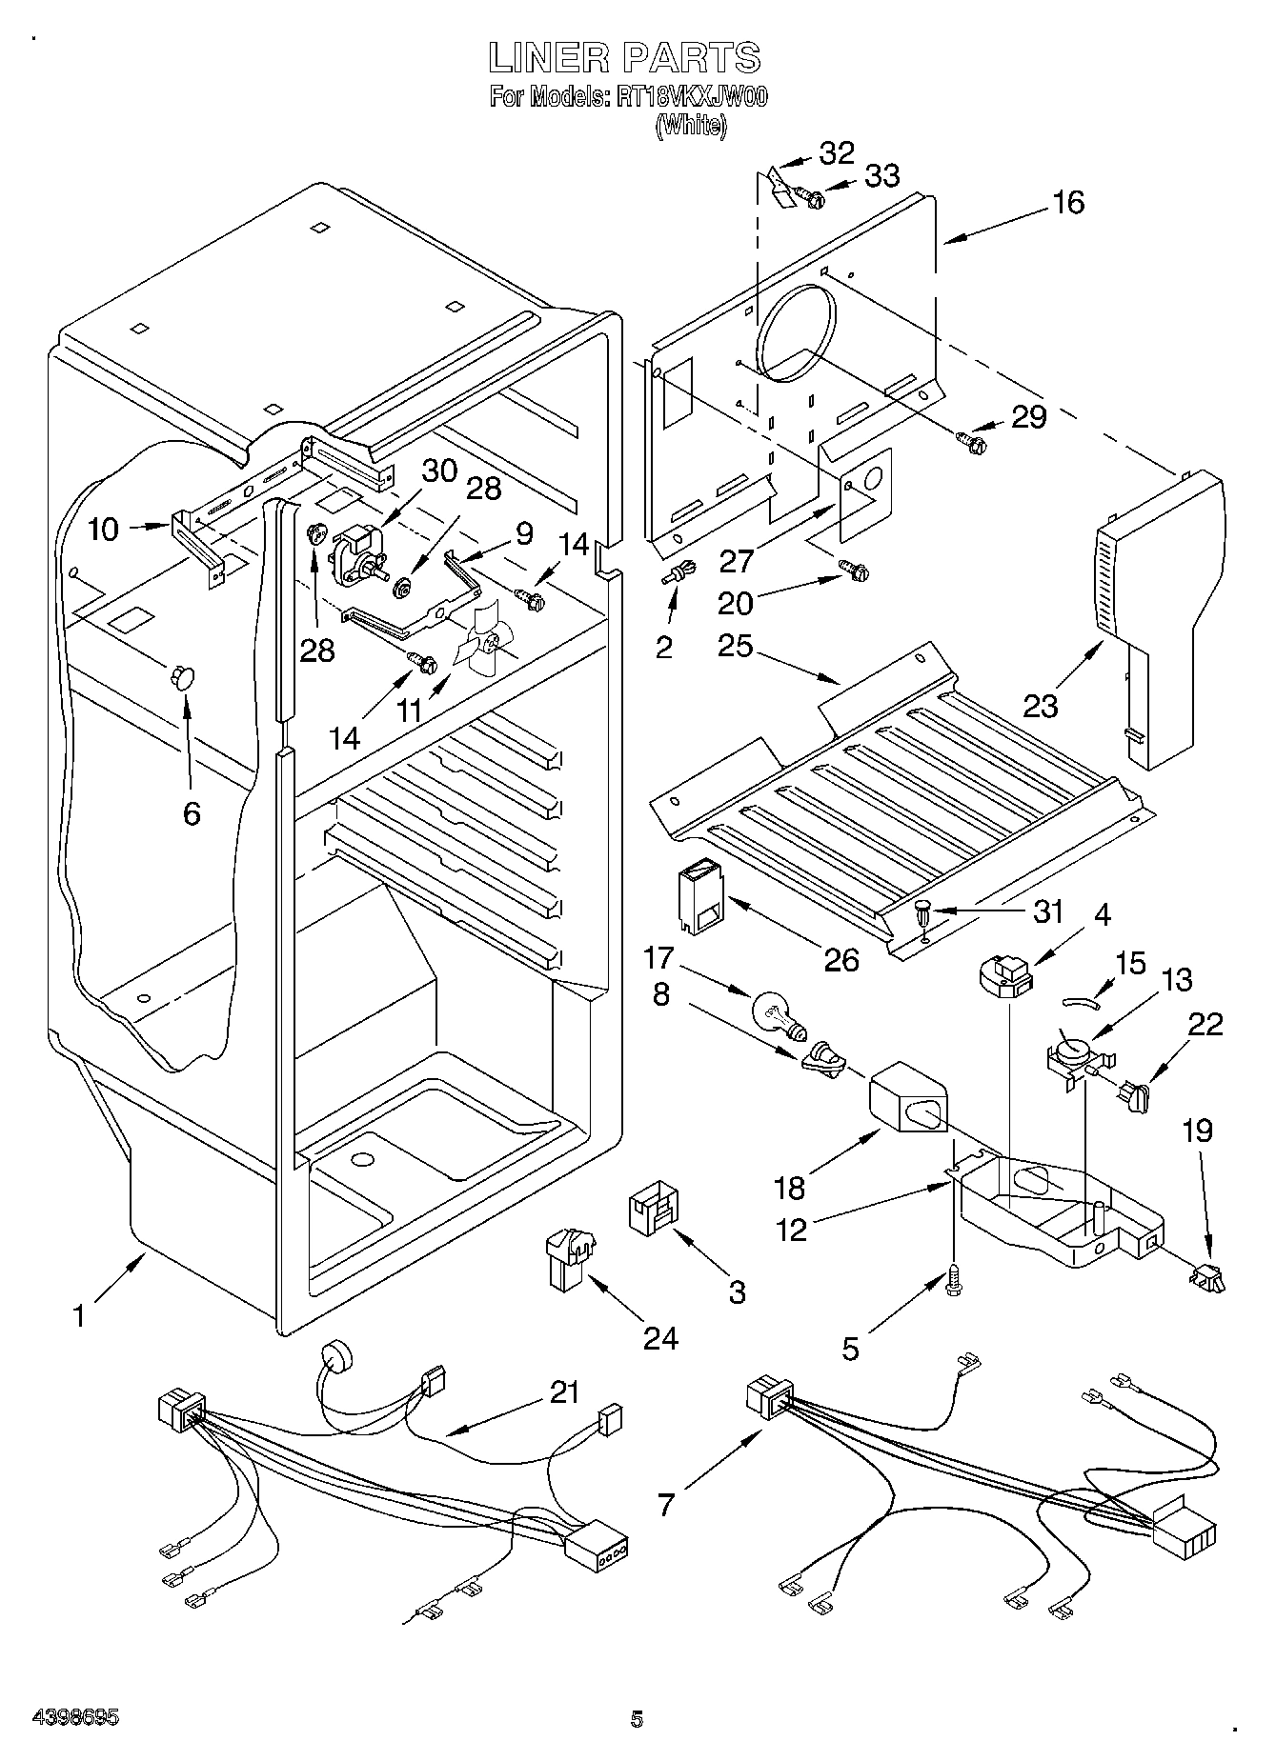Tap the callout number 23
1041,706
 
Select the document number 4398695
75,1719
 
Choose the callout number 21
564,1392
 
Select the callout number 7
665,1504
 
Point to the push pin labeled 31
923,915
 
